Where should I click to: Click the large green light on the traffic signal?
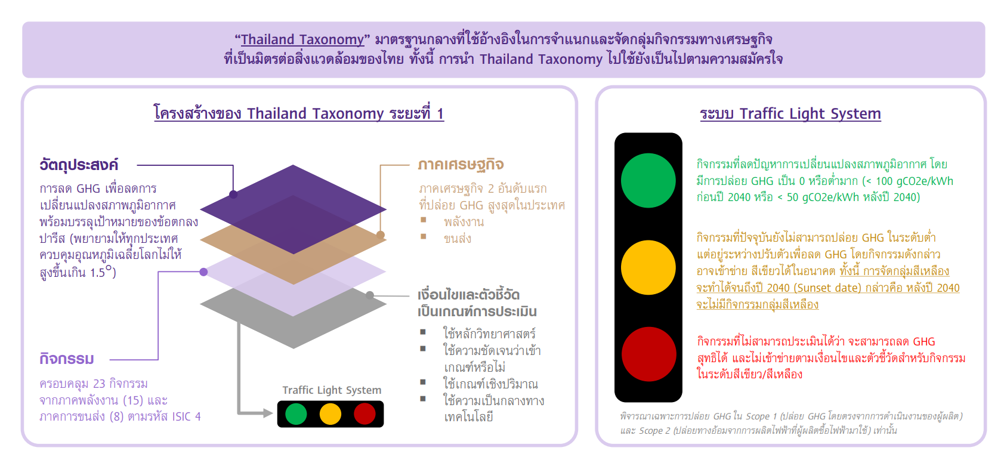648,181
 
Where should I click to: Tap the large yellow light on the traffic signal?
648,267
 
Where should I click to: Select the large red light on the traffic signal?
648,354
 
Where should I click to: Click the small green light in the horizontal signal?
296,414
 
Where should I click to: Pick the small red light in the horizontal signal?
365,414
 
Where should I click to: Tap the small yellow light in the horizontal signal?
330,414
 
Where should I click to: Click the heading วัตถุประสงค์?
79,165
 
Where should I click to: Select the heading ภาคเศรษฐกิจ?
461,165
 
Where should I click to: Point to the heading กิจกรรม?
67,359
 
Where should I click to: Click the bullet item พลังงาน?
464,222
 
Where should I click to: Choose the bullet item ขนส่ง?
457,238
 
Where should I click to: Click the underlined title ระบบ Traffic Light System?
790,114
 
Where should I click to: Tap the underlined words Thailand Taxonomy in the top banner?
302,39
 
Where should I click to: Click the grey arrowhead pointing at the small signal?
268,413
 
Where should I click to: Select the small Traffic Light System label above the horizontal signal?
332,390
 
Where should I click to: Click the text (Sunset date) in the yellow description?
823,288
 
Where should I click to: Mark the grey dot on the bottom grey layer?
369,295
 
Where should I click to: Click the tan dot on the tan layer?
381,234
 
